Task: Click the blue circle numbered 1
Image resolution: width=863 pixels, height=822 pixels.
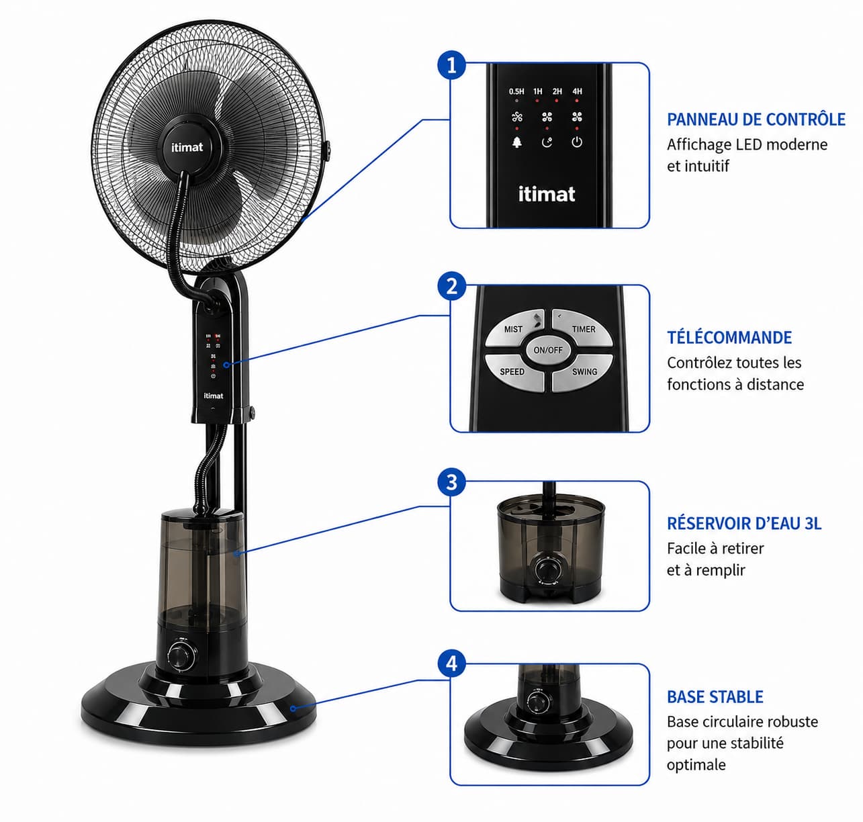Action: [x=451, y=65]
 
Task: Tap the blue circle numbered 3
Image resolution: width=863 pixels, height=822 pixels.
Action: [x=451, y=482]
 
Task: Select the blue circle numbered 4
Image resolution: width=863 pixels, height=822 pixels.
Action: [x=451, y=664]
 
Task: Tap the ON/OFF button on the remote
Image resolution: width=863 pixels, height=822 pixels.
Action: [x=548, y=350]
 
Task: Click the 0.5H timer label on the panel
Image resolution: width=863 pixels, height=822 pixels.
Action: [x=516, y=91]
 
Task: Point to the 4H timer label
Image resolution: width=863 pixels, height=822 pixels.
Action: [x=577, y=91]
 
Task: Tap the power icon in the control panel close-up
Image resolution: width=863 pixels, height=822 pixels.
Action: [x=577, y=142]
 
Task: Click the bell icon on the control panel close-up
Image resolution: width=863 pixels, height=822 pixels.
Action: [x=517, y=142]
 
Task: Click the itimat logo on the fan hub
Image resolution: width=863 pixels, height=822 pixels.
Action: [x=187, y=147]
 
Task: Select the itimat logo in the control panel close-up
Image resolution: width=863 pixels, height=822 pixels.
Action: [x=547, y=194]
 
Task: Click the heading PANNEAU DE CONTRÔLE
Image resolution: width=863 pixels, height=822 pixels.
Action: [x=756, y=120]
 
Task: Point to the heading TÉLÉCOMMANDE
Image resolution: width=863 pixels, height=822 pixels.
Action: [x=729, y=338]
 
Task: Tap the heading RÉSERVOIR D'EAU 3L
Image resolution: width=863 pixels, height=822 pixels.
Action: [x=744, y=523]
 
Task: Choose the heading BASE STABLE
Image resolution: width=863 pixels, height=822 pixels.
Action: [x=715, y=697]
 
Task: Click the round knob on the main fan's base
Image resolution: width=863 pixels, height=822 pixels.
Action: [x=182, y=655]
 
